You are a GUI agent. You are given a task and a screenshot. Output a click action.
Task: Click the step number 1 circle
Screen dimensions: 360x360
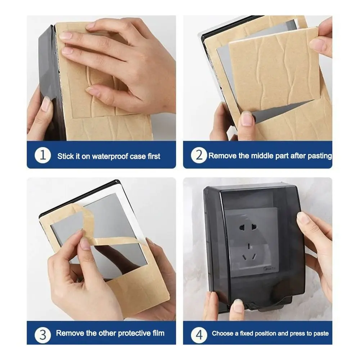pos(42,156)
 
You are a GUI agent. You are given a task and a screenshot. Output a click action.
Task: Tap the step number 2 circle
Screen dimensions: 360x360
pos(199,156)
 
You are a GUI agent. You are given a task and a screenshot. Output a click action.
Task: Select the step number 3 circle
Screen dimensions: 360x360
pos(42,333)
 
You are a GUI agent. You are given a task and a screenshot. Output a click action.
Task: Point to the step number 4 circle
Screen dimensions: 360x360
pos(199,333)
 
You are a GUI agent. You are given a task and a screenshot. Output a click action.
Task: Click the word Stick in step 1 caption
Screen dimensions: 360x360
pos(65,156)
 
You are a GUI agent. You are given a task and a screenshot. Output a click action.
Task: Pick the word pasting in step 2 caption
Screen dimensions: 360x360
pos(319,156)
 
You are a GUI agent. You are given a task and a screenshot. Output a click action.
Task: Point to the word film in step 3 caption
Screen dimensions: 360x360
pos(157,333)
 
